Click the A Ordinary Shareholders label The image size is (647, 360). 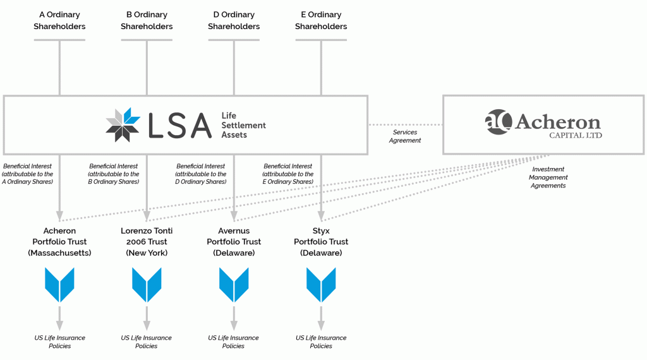click(x=59, y=20)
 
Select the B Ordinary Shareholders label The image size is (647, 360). click(x=147, y=20)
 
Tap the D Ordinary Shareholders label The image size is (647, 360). click(x=234, y=20)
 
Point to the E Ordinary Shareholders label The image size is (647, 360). click(x=321, y=20)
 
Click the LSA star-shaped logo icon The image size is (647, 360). click(x=123, y=124)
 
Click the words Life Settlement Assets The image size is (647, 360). click(x=243, y=125)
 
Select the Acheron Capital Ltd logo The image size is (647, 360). click(x=543, y=124)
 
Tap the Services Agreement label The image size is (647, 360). click(x=405, y=136)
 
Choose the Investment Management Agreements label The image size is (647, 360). click(x=548, y=177)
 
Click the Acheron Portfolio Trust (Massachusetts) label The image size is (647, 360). click(x=59, y=242)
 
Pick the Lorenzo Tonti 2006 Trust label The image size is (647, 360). click(x=147, y=242)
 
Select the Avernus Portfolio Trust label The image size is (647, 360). click(x=234, y=242)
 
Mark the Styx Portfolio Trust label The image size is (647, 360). click(x=321, y=242)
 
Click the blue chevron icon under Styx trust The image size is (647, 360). click(x=321, y=285)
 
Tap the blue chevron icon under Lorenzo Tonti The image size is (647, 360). click(x=147, y=285)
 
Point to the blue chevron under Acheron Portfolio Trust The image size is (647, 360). click(x=59, y=285)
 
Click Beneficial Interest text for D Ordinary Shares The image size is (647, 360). click(x=201, y=174)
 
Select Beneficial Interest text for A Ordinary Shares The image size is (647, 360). click(x=27, y=174)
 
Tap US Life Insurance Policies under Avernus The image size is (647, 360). click(x=234, y=342)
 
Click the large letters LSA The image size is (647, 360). click(x=180, y=125)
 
